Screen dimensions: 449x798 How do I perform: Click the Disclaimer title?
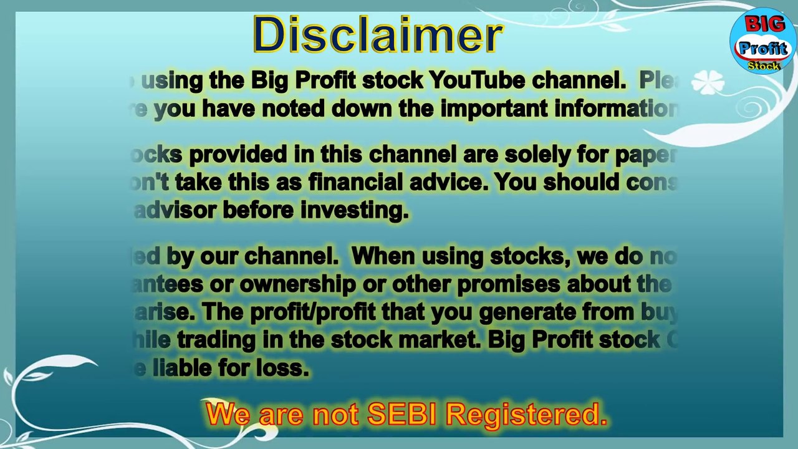coord(378,35)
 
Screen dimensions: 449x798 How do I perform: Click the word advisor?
coord(175,210)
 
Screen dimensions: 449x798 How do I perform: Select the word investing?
coord(355,210)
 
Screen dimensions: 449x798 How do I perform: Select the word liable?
coord(182,368)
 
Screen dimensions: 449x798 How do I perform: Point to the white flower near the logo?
coord(708,82)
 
